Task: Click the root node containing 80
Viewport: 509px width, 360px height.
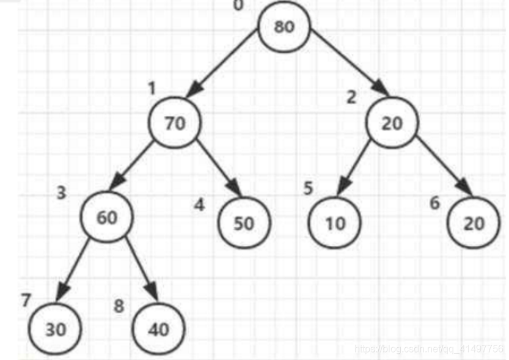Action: (284, 27)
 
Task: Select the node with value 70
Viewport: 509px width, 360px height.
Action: (175, 122)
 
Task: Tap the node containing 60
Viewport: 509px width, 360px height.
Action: (107, 217)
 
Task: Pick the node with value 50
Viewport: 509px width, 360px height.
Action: (244, 222)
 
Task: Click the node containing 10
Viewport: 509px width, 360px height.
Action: (334, 222)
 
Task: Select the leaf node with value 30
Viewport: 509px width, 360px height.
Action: (55, 329)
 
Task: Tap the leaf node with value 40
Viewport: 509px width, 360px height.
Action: (159, 329)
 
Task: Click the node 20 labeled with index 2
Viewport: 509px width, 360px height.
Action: (392, 122)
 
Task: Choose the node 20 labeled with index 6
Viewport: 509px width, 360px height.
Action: (474, 222)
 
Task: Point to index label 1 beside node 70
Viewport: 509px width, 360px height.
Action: (152, 88)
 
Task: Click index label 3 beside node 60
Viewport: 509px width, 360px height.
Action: (61, 193)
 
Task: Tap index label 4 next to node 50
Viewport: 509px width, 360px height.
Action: (200, 205)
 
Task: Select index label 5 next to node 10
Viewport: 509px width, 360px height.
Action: (308, 188)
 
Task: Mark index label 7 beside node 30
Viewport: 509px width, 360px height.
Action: (26, 300)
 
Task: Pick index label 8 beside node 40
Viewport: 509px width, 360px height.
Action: (119, 306)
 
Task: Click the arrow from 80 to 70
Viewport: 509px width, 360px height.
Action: (222, 63)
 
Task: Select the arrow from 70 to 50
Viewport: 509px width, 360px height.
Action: (219, 168)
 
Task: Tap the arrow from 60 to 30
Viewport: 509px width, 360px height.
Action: (72, 270)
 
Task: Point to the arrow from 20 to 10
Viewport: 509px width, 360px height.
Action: (354, 168)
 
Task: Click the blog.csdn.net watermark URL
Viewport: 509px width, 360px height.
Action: (429, 349)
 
